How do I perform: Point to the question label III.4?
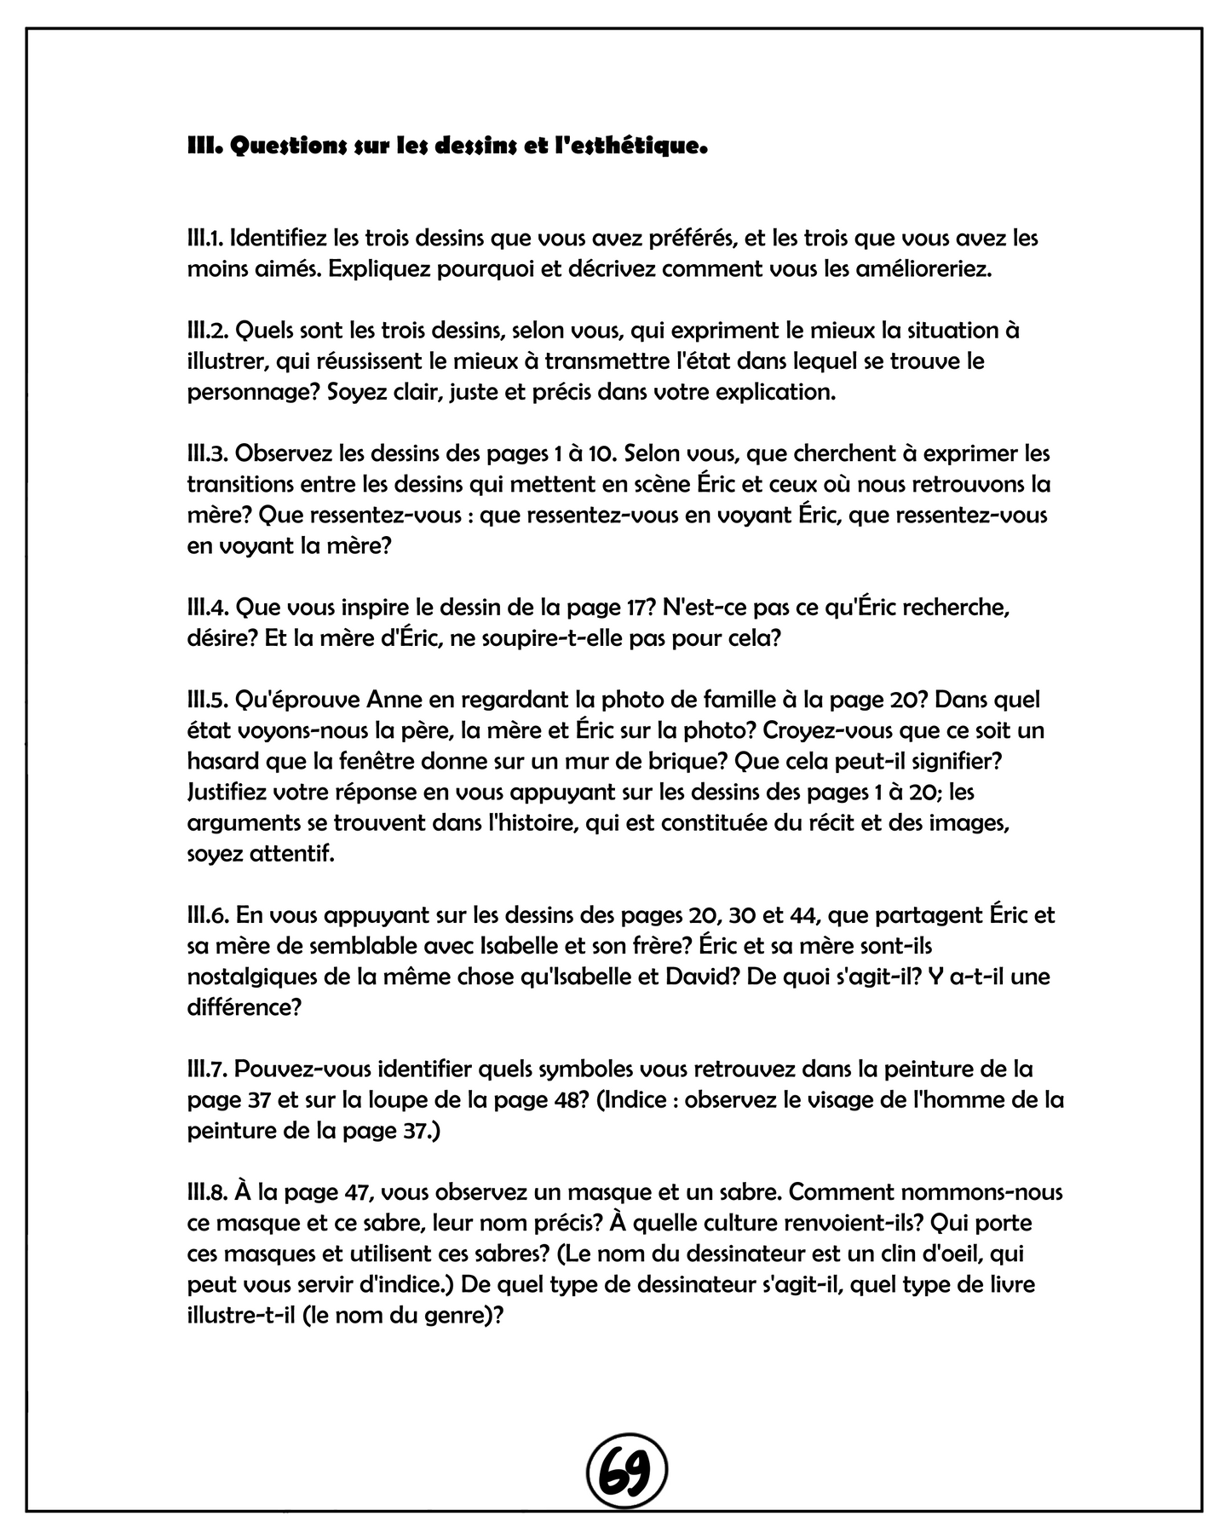click(x=208, y=607)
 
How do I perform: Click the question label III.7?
click(x=207, y=1068)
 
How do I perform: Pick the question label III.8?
click(x=208, y=1191)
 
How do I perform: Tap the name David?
click(x=704, y=976)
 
